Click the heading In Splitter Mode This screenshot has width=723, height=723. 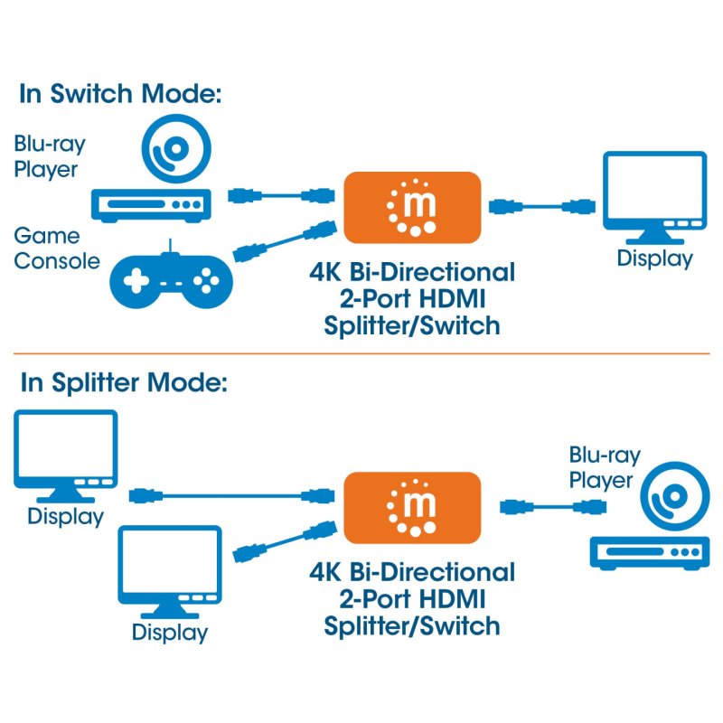[x=124, y=382]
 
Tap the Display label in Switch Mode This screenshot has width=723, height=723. [x=654, y=258]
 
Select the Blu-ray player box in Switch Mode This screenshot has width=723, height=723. [x=150, y=205]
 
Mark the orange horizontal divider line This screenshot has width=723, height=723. [x=361, y=353]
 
